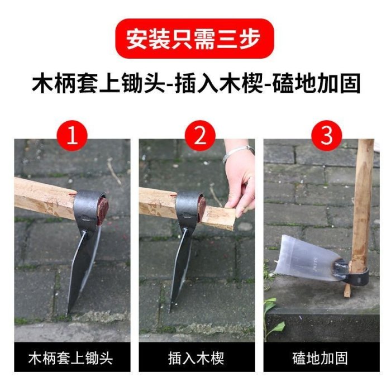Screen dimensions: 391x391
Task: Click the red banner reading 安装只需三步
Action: [194, 39]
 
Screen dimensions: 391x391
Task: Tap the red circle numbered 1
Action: [72, 136]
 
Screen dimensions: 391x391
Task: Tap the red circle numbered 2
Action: [200, 136]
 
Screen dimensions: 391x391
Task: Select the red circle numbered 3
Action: [327, 136]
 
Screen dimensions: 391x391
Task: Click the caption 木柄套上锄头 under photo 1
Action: [71, 359]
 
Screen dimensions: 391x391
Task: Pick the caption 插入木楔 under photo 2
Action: [196, 359]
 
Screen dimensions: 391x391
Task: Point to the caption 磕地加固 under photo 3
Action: [320, 359]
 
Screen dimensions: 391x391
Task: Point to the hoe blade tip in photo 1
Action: [68, 314]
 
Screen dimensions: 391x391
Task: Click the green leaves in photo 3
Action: [273, 318]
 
